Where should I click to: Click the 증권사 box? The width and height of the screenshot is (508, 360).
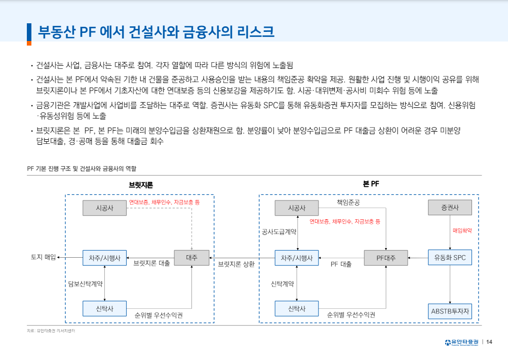(450, 208)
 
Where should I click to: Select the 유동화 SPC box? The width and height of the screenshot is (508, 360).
(450, 258)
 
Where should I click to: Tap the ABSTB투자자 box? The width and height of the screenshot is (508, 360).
(450, 310)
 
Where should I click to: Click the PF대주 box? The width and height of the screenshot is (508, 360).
(386, 258)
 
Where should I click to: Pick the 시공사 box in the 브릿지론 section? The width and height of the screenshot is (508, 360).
(104, 208)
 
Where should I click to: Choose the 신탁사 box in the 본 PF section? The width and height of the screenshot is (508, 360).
(296, 308)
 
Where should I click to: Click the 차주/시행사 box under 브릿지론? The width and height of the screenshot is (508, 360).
(104, 258)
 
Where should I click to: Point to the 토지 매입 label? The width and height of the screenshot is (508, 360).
(44, 257)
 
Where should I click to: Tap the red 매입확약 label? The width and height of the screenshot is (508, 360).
(462, 230)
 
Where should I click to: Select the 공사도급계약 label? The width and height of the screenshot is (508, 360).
(279, 232)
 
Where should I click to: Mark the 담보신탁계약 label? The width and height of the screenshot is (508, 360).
(86, 284)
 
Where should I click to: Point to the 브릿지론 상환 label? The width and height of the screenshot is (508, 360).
(236, 264)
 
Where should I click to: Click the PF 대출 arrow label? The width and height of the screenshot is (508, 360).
(341, 264)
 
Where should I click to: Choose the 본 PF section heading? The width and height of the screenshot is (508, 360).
(371, 184)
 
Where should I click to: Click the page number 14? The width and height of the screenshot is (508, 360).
(489, 342)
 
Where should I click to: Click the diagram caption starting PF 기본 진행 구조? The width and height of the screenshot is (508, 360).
(81, 168)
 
